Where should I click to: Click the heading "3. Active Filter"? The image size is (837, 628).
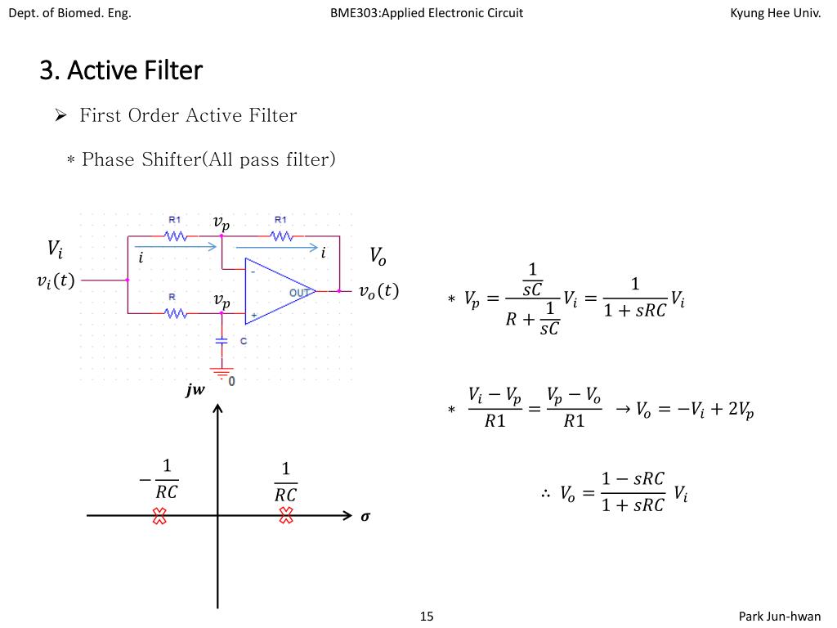point(120,70)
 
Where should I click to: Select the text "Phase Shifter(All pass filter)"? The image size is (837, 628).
point(208,159)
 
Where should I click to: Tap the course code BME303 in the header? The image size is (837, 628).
point(356,12)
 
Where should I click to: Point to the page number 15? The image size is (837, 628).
point(426,616)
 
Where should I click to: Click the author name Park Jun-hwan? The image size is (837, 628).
point(779,616)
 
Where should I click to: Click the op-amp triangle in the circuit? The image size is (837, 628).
point(274,290)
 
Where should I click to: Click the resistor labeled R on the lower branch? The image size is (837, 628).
point(176,313)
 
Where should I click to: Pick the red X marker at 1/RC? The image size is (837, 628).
point(286,515)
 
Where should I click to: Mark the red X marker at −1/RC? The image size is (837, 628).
point(159,515)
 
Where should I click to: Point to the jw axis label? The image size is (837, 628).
point(195,391)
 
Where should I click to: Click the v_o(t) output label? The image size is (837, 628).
point(379,291)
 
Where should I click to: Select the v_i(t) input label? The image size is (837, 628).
point(56,280)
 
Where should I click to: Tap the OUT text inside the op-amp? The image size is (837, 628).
point(299,292)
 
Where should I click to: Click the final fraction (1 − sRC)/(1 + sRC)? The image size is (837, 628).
point(633,491)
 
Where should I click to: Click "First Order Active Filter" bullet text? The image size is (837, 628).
point(188,115)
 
